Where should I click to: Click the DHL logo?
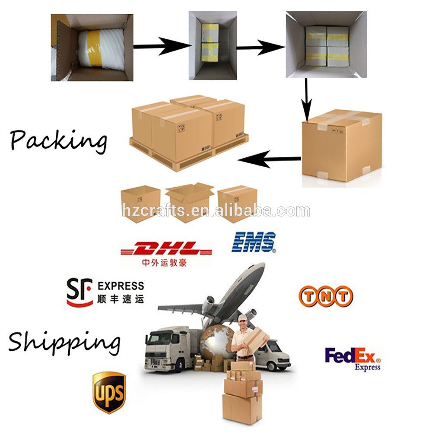[x=166, y=249]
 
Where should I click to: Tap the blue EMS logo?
[x=254, y=242]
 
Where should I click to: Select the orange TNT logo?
[x=326, y=296]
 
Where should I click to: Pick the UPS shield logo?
[x=109, y=392]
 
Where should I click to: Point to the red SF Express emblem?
[x=79, y=292]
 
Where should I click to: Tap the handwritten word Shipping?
[x=64, y=341]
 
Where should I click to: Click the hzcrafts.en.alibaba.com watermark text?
[x=216, y=211]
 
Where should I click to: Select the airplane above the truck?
[x=225, y=294]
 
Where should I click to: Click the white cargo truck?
[x=171, y=348]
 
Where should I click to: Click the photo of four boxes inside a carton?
[x=326, y=44]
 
